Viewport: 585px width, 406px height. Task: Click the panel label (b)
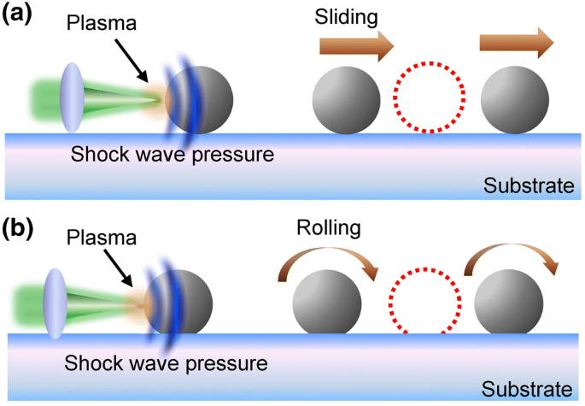pyautogui.click(x=19, y=230)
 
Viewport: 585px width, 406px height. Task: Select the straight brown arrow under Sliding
pyautogui.click(x=360, y=43)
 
